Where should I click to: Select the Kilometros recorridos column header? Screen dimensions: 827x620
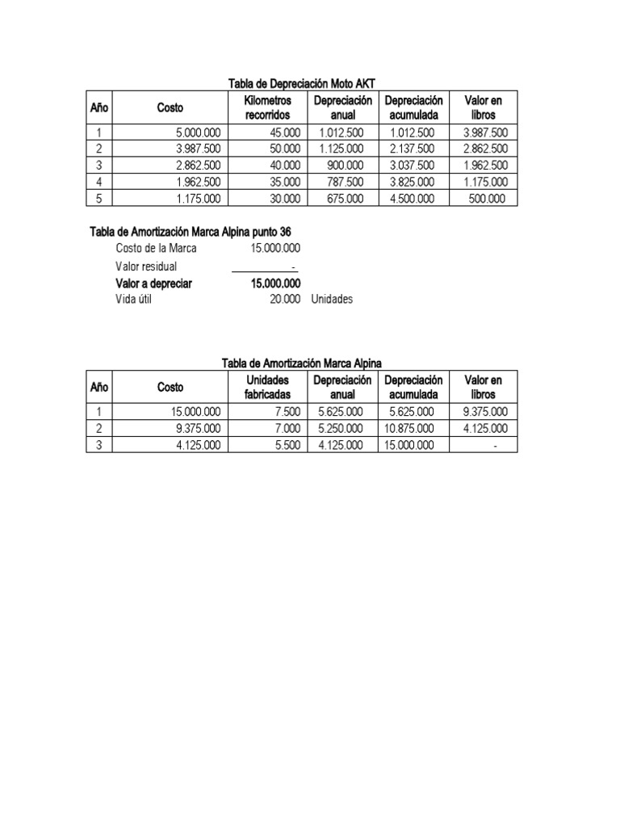click(267, 107)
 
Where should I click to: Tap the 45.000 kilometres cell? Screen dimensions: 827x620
click(284, 133)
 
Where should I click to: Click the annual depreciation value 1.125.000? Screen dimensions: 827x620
click(341, 149)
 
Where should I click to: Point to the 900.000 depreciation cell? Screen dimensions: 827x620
click(348, 165)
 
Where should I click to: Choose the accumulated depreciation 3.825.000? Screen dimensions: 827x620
click(412, 182)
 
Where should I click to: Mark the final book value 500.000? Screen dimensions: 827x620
click(488, 198)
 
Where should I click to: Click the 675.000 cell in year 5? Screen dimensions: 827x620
click(348, 198)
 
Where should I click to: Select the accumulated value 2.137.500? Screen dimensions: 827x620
click(412, 149)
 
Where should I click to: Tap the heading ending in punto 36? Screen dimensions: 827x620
click(190, 232)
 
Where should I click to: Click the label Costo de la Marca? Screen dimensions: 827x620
click(156, 249)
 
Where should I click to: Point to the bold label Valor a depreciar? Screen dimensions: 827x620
click(160, 283)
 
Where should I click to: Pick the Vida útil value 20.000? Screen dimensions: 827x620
click(285, 299)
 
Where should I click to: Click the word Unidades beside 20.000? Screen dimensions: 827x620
click(332, 299)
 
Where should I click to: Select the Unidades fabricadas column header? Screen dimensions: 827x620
click(267, 387)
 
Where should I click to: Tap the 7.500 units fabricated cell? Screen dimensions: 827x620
click(287, 412)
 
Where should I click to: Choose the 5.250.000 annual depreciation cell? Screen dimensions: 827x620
click(341, 428)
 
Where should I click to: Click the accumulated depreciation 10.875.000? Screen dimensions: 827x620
click(409, 428)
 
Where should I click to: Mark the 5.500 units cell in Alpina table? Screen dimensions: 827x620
click(287, 445)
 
